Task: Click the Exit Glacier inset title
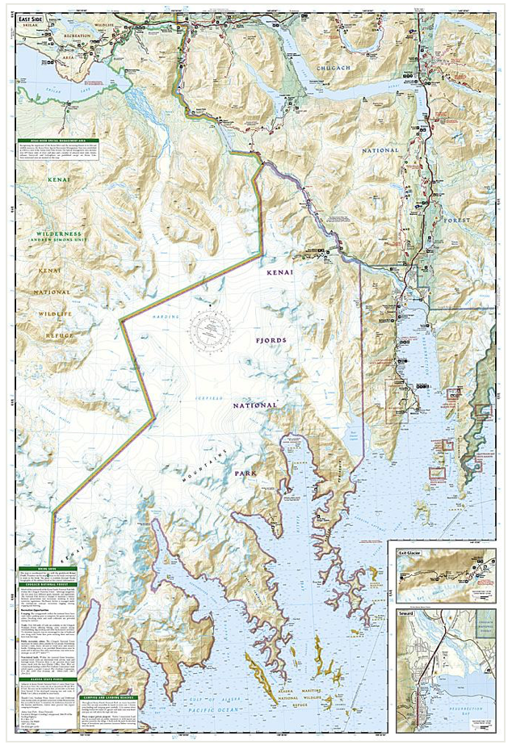(411, 553)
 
